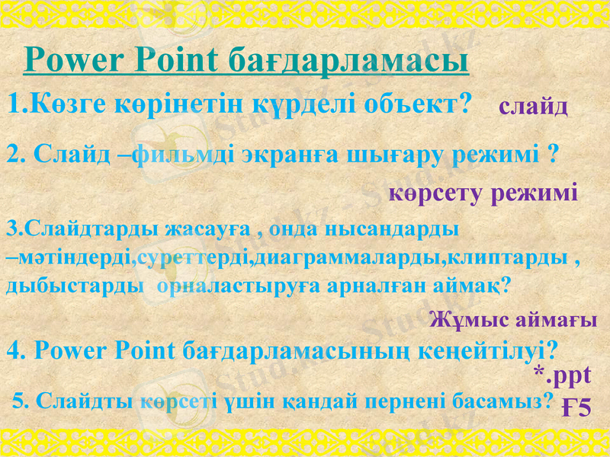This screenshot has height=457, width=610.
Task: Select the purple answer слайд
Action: [x=533, y=107]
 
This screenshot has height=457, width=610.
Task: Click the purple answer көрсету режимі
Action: [x=483, y=193]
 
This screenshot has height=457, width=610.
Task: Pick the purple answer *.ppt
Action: [x=563, y=374]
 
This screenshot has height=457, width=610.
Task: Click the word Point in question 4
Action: [x=148, y=350]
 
